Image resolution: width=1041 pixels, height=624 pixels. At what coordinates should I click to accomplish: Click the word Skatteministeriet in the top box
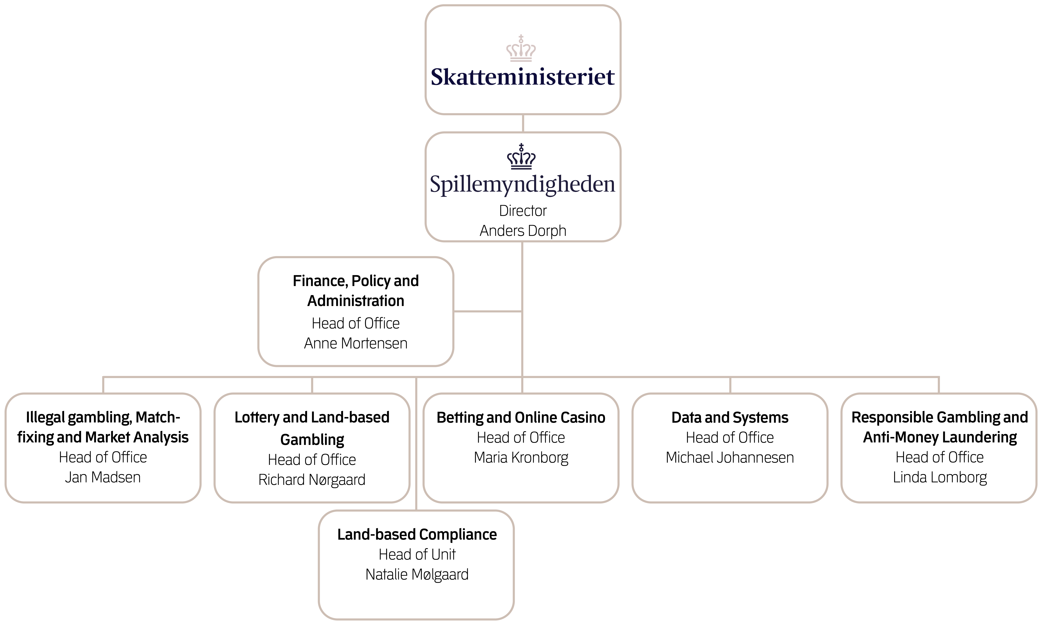(x=523, y=77)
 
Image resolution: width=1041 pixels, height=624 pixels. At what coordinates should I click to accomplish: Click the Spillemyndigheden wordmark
(x=523, y=184)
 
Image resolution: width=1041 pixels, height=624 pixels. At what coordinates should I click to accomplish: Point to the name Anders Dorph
(x=523, y=231)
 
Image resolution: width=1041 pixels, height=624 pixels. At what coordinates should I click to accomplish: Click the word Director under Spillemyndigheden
(x=523, y=211)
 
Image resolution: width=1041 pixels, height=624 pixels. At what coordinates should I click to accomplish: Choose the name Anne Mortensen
(x=356, y=344)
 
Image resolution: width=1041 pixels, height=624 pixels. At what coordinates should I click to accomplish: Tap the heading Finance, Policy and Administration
(x=356, y=291)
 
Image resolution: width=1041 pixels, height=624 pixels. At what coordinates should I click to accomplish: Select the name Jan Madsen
(x=103, y=477)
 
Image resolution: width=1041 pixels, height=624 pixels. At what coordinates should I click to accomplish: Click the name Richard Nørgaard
(x=312, y=480)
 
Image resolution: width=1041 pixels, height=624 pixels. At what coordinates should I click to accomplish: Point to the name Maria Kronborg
(x=521, y=458)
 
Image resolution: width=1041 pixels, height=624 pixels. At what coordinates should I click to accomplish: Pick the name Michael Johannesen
(x=730, y=458)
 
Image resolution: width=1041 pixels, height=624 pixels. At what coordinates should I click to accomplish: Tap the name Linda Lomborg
(x=940, y=477)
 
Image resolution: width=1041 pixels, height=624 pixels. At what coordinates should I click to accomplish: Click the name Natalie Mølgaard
(x=417, y=574)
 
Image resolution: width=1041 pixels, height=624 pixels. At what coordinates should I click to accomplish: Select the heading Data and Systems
(x=730, y=418)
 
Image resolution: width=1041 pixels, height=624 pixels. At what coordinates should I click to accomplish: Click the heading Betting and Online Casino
(x=521, y=418)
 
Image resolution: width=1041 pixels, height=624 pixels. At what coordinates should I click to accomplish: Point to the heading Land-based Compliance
(x=417, y=534)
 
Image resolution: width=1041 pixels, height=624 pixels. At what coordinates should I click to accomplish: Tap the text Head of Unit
(x=417, y=555)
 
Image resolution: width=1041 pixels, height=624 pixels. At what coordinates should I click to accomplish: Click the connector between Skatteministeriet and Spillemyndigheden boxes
(x=523, y=123)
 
